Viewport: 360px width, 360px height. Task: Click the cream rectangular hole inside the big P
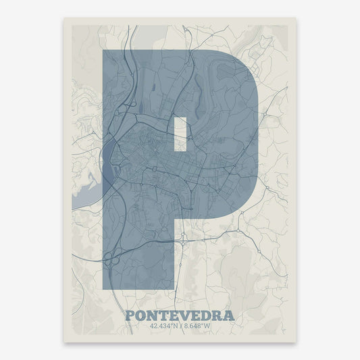[x=180, y=133]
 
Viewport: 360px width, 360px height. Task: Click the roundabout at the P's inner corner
[x=182, y=238]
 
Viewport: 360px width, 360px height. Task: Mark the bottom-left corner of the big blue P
[x=103, y=288]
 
